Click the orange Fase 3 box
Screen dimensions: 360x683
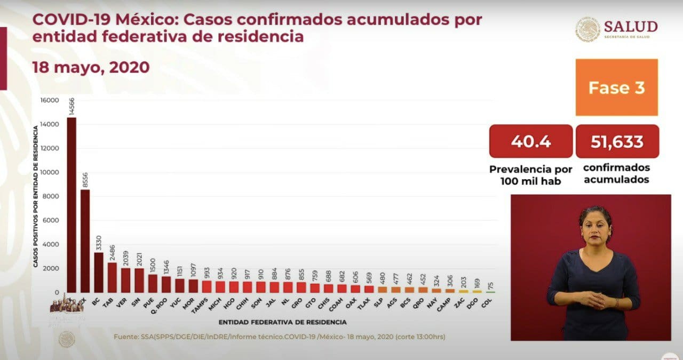[616, 87]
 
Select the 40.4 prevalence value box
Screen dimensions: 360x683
[530, 141]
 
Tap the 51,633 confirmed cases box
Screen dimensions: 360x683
[617, 141]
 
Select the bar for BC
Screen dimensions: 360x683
[99, 272]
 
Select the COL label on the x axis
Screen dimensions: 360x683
[487, 302]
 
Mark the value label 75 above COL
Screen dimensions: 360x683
[490, 286]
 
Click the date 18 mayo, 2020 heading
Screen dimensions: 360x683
[91, 68]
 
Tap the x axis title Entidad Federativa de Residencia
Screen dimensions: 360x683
[282, 322]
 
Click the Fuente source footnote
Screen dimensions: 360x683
[279, 337]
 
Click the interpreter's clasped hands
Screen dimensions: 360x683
[593, 300]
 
